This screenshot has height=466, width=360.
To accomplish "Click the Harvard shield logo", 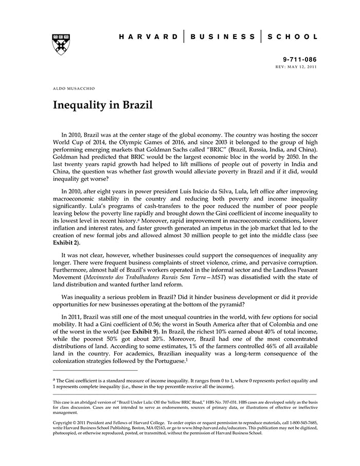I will [61, 45].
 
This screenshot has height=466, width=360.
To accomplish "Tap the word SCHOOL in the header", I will [295, 37].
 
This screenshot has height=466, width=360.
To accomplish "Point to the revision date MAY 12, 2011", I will [304, 67].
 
